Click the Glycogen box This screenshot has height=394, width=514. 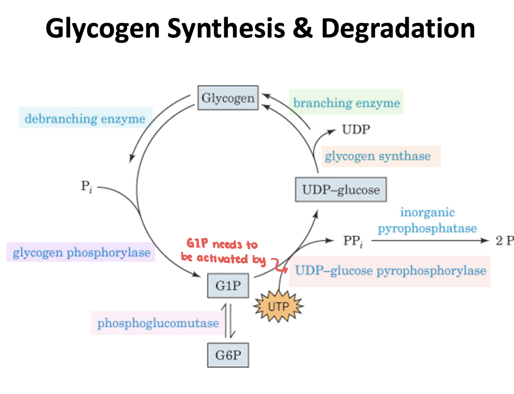(x=228, y=98)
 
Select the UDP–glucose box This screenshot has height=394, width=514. (x=341, y=190)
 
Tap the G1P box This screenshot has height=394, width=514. (x=228, y=285)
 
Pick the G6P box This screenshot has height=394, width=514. (x=228, y=355)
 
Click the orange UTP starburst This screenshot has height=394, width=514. (x=278, y=306)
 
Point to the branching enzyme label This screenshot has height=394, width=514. (x=346, y=102)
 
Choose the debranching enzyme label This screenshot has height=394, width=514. (x=85, y=118)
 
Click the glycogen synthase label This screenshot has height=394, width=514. (x=378, y=156)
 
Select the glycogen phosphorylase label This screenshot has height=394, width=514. (x=81, y=252)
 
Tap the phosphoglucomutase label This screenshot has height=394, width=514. (x=158, y=323)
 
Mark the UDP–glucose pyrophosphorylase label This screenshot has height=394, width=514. (x=390, y=271)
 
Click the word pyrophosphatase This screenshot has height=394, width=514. (x=427, y=229)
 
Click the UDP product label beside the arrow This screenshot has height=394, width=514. (x=356, y=130)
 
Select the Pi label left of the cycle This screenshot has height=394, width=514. (x=86, y=187)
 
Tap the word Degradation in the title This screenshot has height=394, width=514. (x=398, y=29)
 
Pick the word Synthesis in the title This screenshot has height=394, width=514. (x=226, y=29)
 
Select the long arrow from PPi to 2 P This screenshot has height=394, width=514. (x=430, y=241)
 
